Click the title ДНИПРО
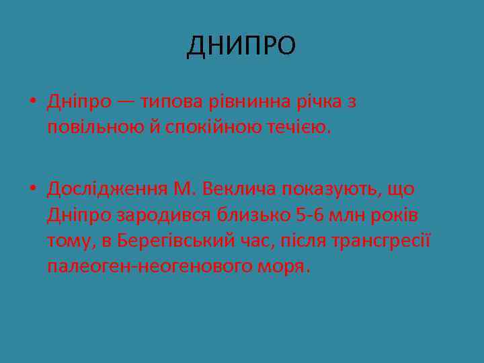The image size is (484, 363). coord(241,46)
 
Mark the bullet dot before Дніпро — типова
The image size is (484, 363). coord(33,103)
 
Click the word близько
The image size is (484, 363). coord(252,215)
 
